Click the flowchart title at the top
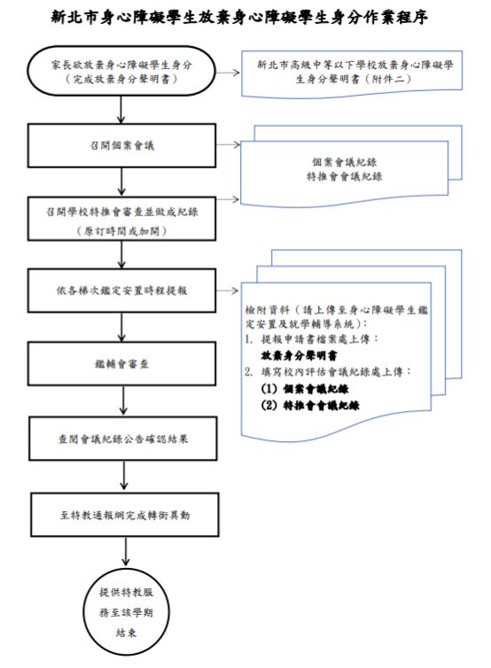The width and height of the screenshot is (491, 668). [245, 17]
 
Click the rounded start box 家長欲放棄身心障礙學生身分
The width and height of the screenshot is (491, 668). [121, 70]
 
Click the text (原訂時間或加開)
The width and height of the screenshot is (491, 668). [121, 230]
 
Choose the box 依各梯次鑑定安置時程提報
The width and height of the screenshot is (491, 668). [121, 290]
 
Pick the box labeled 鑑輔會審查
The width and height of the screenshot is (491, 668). [121, 363]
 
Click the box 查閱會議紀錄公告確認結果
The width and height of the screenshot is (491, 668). [121, 438]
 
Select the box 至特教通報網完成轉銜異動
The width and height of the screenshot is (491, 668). [121, 513]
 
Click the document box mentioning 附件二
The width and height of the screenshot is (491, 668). [353, 71]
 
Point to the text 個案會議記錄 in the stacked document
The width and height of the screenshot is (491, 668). [347, 162]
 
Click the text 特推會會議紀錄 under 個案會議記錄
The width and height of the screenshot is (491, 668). [347, 177]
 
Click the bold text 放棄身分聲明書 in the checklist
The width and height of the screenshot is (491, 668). [298, 353]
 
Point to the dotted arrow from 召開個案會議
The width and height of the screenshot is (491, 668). [228, 142]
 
